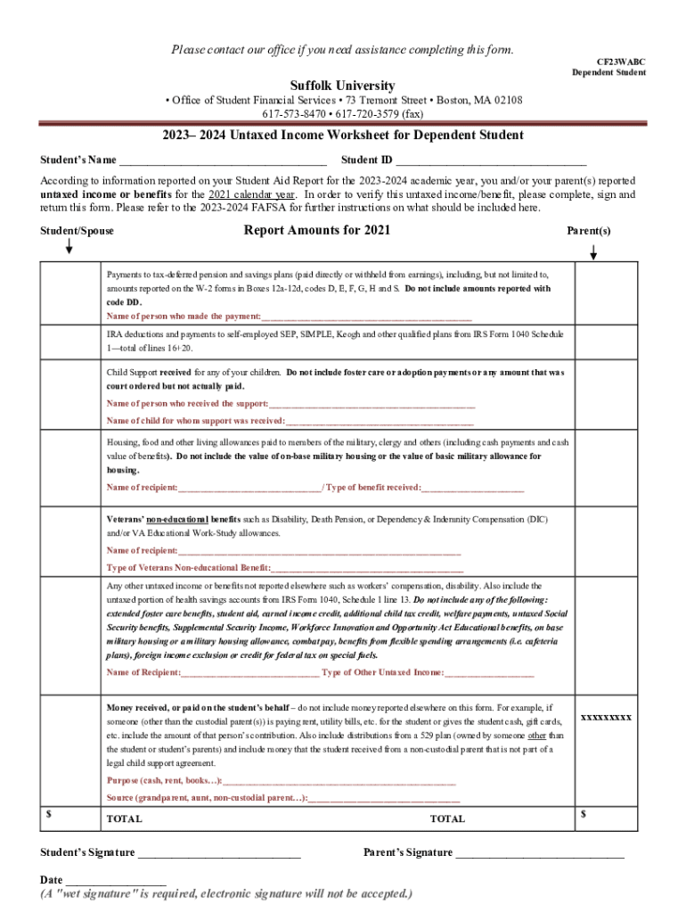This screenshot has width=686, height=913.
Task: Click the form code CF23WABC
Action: click(x=620, y=62)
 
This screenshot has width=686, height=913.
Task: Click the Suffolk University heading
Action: click(x=342, y=86)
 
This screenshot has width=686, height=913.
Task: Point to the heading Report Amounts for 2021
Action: click(x=316, y=230)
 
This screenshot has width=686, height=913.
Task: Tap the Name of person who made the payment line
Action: click(x=366, y=317)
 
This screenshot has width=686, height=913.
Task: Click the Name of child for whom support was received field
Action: click(x=380, y=421)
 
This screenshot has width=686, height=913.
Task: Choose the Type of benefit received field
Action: click(x=473, y=488)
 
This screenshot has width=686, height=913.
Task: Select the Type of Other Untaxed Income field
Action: click(x=489, y=672)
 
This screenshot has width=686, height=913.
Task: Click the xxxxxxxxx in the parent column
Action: click(x=606, y=717)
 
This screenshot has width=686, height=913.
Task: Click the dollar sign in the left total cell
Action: click(x=49, y=813)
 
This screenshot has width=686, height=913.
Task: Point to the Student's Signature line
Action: click(x=218, y=854)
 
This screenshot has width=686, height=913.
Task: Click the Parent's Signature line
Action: click(x=540, y=854)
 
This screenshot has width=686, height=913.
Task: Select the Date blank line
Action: click(x=116, y=881)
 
